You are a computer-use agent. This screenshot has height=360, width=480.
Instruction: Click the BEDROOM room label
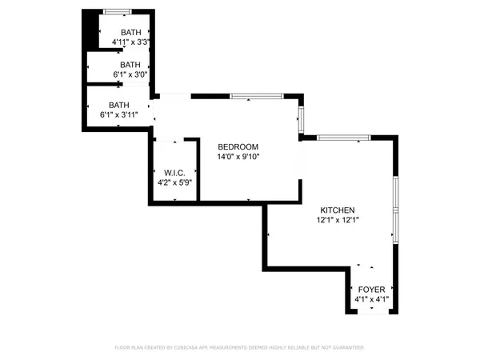(238, 146)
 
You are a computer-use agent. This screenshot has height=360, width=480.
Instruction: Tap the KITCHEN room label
(338, 210)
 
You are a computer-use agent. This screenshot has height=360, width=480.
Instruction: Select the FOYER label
(370, 290)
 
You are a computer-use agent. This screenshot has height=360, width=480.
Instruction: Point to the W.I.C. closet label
(174, 173)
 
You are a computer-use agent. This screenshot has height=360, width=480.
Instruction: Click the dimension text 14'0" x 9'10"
(238, 157)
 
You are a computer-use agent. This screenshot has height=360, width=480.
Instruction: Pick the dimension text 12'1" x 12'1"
(338, 220)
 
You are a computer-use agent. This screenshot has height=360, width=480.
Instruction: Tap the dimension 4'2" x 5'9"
(174, 183)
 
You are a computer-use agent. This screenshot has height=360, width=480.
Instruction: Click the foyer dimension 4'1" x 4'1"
(370, 300)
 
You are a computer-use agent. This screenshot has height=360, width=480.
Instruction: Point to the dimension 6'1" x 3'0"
(130, 75)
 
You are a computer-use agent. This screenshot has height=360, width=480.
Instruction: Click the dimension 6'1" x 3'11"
(119, 114)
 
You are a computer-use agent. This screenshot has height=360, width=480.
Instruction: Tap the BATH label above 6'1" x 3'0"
(130, 65)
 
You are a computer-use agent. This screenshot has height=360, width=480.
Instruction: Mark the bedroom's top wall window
(255, 97)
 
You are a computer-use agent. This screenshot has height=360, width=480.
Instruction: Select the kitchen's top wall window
(343, 138)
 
